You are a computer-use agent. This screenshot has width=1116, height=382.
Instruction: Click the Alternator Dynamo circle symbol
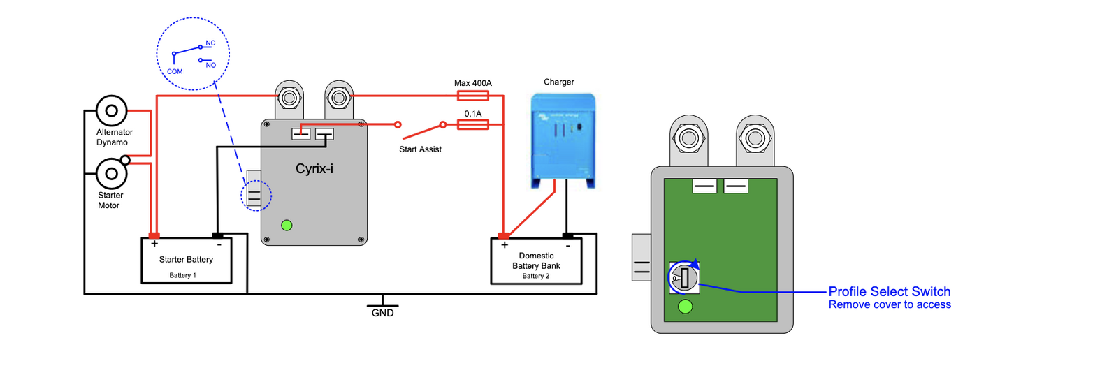click(111, 110)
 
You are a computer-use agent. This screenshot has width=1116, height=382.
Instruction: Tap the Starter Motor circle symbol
click(111, 173)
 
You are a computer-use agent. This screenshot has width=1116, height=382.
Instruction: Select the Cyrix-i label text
click(314, 168)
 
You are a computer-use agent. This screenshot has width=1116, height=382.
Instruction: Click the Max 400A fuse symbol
click(472, 96)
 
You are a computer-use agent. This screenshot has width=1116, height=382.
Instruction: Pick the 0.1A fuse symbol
click(472, 124)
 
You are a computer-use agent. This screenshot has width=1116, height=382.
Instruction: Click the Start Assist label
click(420, 149)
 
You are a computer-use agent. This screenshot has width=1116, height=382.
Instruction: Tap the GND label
click(382, 313)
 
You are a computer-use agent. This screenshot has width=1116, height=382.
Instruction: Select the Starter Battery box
click(187, 260)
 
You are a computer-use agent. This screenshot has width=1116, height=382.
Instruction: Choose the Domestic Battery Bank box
click(536, 261)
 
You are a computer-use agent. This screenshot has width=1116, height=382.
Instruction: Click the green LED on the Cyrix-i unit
click(287, 225)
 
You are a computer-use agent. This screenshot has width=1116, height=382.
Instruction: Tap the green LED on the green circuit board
click(686, 306)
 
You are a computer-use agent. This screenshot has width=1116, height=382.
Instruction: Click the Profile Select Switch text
click(889, 291)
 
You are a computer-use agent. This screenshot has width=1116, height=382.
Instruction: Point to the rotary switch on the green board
click(683, 278)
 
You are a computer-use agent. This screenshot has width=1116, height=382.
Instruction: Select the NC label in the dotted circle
click(210, 43)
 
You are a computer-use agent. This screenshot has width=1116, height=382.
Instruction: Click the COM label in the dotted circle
click(175, 71)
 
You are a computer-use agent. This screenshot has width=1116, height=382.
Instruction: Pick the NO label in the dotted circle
click(211, 65)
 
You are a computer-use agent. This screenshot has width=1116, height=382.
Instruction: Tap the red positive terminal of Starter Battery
click(154, 236)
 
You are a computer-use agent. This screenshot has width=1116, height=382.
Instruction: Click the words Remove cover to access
click(890, 304)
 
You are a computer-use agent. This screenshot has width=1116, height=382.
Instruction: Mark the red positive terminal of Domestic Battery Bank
click(504, 236)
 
